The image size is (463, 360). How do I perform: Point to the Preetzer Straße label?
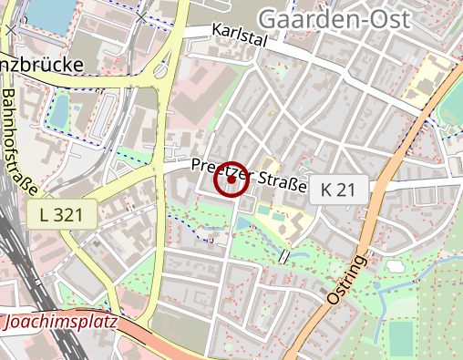(248, 176)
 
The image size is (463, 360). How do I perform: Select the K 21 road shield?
(340, 190)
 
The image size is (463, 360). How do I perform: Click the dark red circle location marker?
(231, 180)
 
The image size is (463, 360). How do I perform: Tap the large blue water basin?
(50, 12)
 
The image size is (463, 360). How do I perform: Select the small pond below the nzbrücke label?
(58, 110)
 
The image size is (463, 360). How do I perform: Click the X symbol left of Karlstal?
(139, 17)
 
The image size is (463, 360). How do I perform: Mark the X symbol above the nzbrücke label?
(10, 29)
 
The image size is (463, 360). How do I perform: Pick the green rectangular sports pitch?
(401, 338)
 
